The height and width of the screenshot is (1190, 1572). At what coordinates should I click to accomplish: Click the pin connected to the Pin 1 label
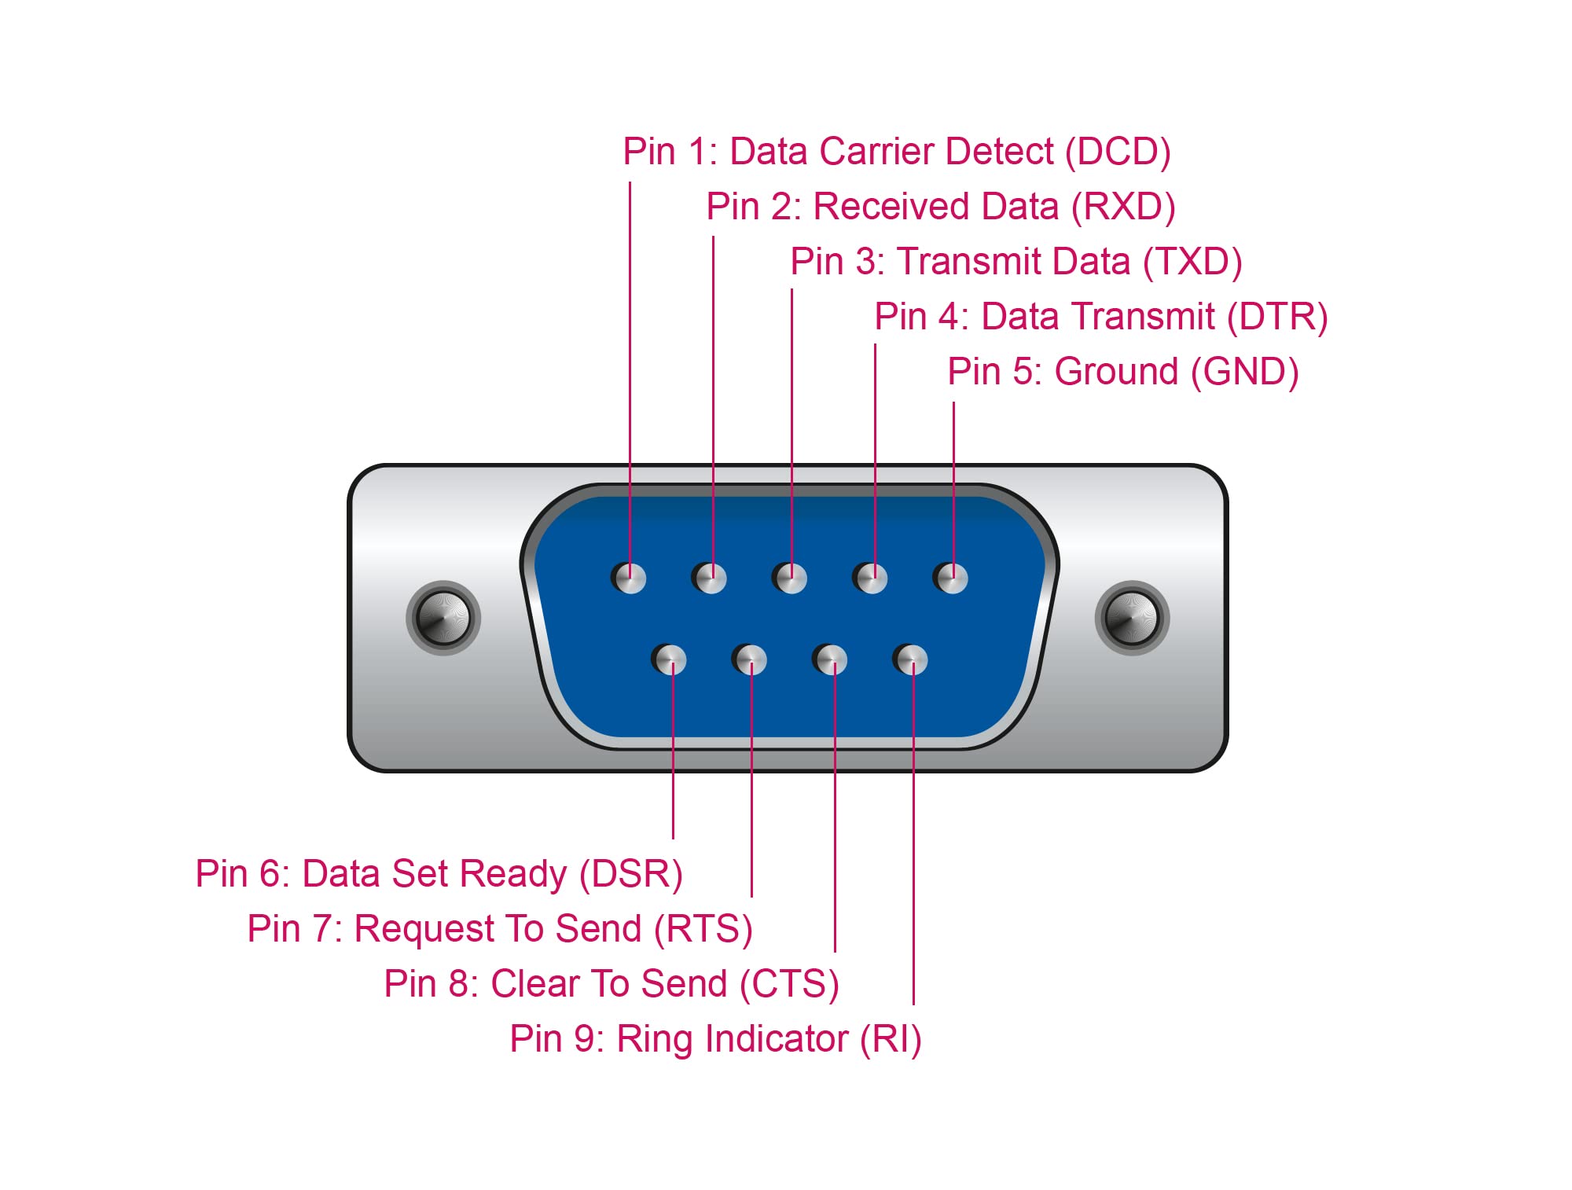629,578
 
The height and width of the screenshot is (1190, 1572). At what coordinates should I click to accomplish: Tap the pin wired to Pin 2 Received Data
710,578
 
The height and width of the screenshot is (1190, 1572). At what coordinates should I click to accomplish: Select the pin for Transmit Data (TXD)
790,578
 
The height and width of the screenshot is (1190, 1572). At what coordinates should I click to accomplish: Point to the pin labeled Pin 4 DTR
871,578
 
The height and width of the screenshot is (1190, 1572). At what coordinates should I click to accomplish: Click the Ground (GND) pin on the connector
951,578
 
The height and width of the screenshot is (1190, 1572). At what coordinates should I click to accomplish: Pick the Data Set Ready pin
669,659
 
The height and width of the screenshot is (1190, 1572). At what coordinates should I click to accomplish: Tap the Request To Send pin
750,659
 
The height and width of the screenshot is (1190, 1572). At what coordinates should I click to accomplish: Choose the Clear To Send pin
830,659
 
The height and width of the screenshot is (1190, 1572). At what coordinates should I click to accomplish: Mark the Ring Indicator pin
911,659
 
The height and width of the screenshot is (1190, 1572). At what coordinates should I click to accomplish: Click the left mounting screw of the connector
443,618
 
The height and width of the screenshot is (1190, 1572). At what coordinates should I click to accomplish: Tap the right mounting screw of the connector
1132,618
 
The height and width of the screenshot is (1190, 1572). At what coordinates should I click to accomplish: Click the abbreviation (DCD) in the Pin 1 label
1118,152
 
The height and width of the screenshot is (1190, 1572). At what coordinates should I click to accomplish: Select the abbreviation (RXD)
1123,207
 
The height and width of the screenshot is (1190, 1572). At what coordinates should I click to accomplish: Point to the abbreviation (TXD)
1192,262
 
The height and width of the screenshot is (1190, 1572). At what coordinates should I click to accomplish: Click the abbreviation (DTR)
1277,317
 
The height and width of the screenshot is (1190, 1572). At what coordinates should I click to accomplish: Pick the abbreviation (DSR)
630,874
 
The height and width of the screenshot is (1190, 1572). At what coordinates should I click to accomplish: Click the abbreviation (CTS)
789,984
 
